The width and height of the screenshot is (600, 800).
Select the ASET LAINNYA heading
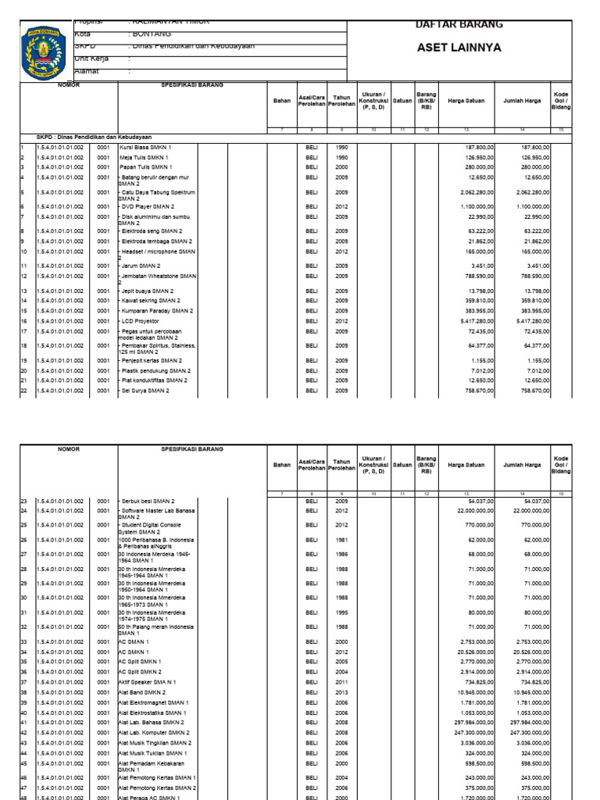(459, 48)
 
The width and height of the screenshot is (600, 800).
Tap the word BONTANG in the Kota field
(150, 35)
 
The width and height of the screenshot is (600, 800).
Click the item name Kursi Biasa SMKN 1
(145, 147)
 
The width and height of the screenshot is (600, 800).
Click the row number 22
(24, 390)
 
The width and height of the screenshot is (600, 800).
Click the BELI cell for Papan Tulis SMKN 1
(312, 167)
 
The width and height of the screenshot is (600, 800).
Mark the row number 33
(24, 641)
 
